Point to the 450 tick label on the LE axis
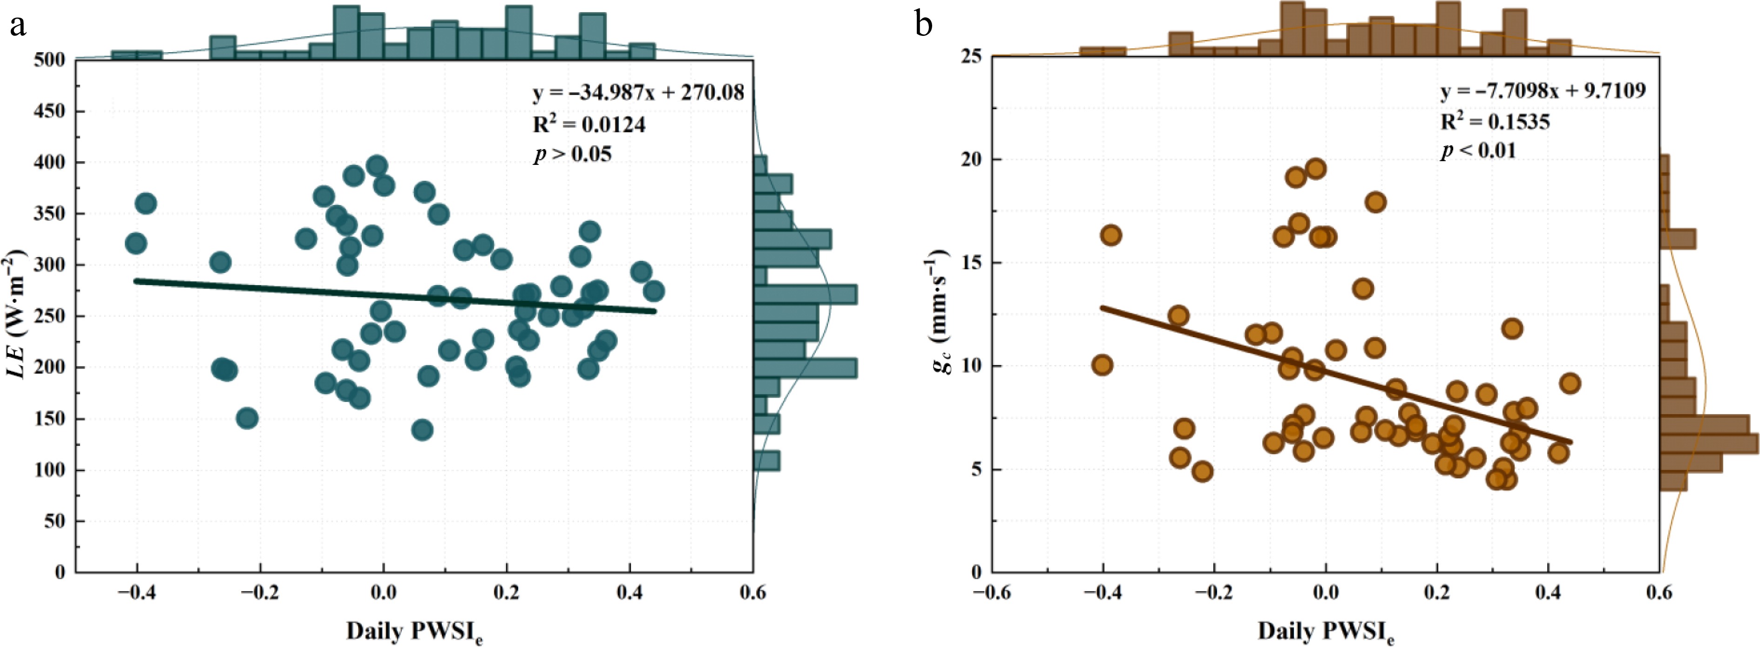tap(51, 111)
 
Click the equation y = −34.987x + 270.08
tap(638, 92)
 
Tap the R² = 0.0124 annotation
tap(589, 124)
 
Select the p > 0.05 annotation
tap(573, 154)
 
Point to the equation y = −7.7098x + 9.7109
tap(1543, 90)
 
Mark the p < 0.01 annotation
tap(1478, 150)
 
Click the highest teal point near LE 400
tap(377, 165)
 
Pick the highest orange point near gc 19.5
tap(1315, 169)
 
